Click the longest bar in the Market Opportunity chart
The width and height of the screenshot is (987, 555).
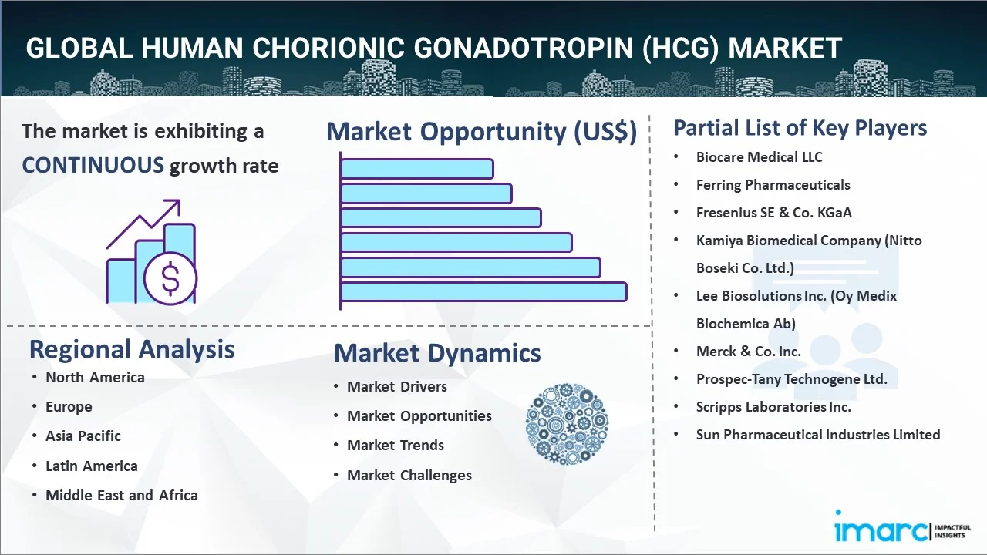pos(483,292)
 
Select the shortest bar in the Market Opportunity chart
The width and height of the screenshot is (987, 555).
pos(417,169)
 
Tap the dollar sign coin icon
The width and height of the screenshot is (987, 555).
pos(170,279)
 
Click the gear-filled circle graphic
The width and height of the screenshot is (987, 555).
pos(567,424)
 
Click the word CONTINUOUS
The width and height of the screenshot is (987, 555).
pos(93,166)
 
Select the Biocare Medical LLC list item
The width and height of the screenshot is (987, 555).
pos(759,157)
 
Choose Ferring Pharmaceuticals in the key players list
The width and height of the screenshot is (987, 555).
pos(773,185)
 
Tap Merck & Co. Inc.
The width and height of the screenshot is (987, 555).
pos(748,351)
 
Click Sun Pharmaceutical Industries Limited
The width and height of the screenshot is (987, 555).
pos(818,435)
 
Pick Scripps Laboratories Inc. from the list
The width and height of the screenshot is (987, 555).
pos(773,407)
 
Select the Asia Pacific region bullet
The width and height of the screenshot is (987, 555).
pos(83,436)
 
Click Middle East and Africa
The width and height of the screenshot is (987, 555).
pos(122,495)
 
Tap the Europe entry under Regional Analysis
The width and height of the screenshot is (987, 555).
pos(69,406)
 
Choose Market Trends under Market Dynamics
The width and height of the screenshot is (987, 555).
pos(396,446)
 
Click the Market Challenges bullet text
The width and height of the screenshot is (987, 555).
pos(409,476)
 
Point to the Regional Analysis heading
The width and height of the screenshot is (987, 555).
pos(132,349)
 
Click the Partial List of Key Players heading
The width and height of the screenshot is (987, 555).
pos(800,128)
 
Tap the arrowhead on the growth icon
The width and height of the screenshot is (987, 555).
pos(173,206)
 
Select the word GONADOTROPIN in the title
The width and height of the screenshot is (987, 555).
pos(524,48)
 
